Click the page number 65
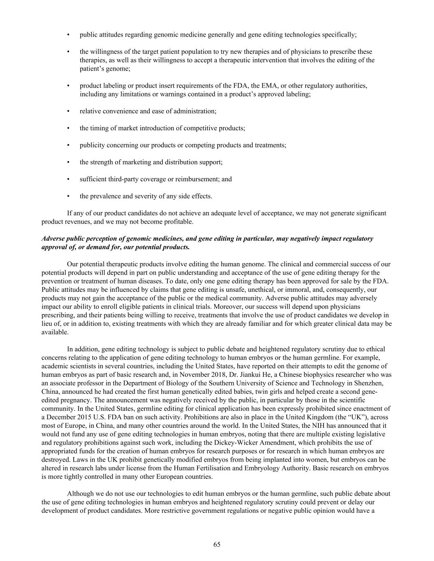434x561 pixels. point(217,545)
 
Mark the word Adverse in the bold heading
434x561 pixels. point(53,239)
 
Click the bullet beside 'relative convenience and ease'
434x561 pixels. point(68,111)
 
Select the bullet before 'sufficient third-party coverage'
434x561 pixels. point(68,179)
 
